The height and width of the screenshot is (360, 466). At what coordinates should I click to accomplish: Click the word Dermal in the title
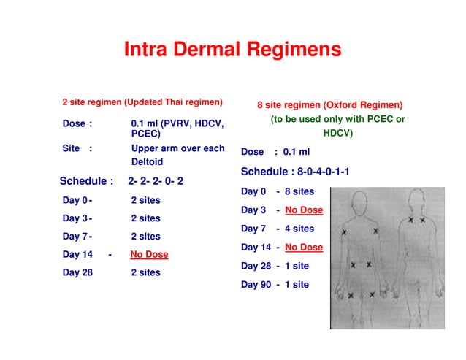coord(207,50)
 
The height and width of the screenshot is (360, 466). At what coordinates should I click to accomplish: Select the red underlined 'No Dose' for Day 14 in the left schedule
coord(149,255)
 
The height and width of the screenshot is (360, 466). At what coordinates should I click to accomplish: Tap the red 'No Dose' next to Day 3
coord(303,210)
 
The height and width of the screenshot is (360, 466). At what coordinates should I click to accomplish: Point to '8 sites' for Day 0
coord(299,191)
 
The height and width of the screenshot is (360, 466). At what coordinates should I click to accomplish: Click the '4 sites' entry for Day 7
coord(299,229)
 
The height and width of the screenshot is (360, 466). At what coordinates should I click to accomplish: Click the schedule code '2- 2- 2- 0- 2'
coord(156,181)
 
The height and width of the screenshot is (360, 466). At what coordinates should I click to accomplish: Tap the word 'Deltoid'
coord(147,162)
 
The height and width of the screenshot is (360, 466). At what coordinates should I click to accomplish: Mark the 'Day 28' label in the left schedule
coord(77,273)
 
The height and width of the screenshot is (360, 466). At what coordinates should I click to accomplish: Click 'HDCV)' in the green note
coord(337,134)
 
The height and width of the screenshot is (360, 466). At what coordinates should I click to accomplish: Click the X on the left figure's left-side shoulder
coord(345,231)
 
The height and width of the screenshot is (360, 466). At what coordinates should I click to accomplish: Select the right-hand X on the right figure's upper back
coord(423,220)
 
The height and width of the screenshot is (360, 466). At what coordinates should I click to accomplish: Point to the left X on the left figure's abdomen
coord(354,265)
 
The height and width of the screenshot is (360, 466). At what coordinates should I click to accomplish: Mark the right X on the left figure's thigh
coord(373,294)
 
